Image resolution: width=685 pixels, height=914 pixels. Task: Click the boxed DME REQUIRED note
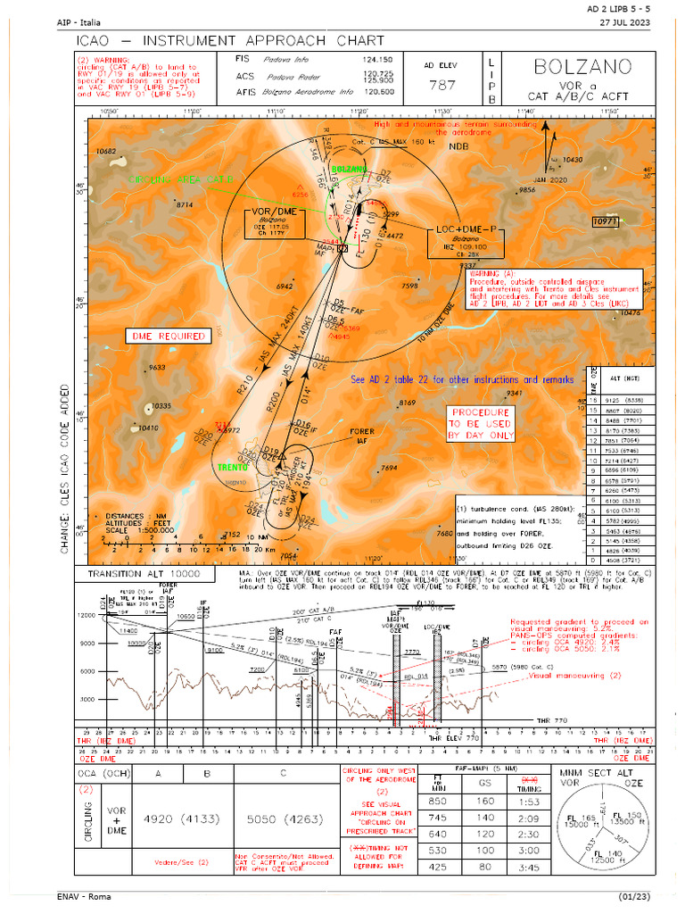pyautogui.click(x=169, y=337)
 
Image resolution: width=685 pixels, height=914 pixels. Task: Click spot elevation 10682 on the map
pyautogui.click(x=107, y=152)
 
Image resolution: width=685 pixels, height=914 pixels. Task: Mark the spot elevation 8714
pyautogui.click(x=185, y=205)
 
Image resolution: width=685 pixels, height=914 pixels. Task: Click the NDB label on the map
pyautogui.click(x=458, y=145)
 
